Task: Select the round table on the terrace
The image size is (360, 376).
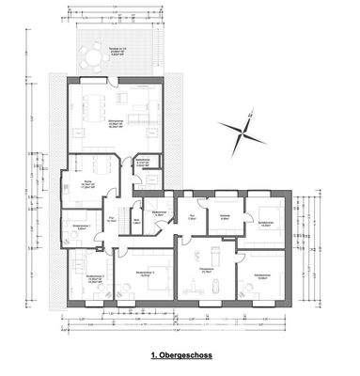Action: pos(96,58)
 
